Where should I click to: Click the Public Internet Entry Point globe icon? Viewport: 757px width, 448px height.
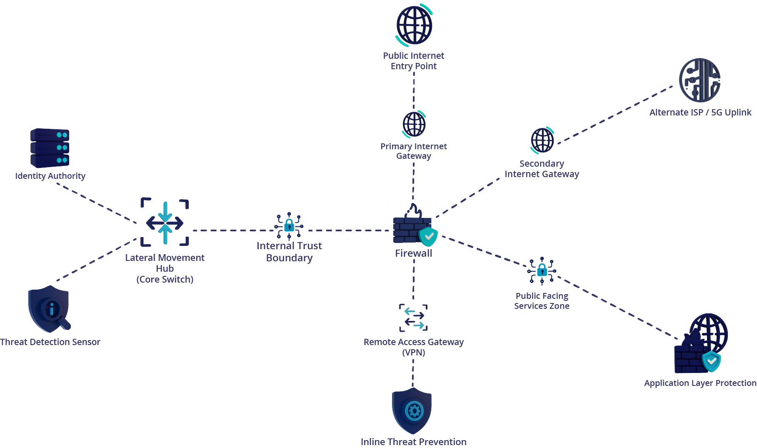coord(414,25)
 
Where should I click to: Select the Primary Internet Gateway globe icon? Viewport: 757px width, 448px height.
coord(414,124)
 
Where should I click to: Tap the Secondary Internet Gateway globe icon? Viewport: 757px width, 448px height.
coord(542,140)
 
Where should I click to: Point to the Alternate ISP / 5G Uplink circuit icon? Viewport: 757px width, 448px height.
coord(700,80)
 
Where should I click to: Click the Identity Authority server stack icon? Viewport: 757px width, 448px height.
coord(50,148)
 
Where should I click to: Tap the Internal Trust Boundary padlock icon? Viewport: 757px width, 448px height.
coord(289,226)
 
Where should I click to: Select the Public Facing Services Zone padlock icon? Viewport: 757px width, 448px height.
coord(542,271)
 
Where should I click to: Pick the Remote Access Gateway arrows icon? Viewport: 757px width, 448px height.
coord(414,318)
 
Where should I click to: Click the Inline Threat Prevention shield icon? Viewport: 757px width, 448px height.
coord(412,411)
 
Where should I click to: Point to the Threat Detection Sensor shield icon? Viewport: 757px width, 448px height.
coord(49,309)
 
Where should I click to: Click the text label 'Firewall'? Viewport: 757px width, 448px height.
coord(413,253)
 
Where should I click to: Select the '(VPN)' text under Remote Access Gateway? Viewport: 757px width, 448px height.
coord(414,353)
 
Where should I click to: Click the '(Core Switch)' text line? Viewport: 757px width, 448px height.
coord(165,280)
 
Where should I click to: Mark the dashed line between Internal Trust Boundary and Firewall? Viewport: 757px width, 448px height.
coord(348,230)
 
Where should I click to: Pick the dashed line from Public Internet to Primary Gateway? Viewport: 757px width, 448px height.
coord(414,90)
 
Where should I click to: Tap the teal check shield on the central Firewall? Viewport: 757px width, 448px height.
coord(428,237)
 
